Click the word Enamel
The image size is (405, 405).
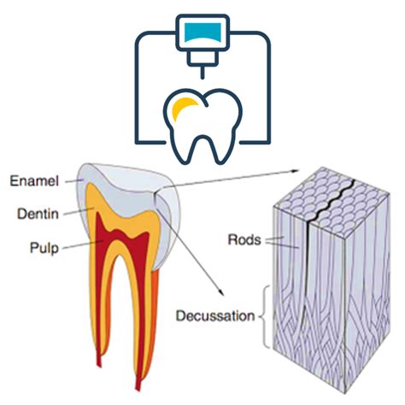click(x=34, y=181)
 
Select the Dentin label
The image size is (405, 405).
click(x=38, y=214)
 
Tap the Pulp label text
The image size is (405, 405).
click(x=44, y=248)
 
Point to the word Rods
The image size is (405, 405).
click(x=244, y=240)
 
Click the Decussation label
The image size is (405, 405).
click(x=215, y=316)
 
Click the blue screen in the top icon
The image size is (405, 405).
click(x=202, y=32)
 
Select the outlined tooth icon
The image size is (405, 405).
click(x=202, y=126)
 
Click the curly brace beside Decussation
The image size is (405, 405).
click(x=265, y=317)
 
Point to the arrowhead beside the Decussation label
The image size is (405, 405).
click(x=221, y=293)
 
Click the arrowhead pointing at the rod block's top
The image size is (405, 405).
click(x=296, y=170)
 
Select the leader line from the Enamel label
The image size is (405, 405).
click(x=74, y=180)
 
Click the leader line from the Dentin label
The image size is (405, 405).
click(x=79, y=211)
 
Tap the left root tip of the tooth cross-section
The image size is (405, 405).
click(x=99, y=364)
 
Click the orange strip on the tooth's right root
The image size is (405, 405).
click(x=153, y=319)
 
